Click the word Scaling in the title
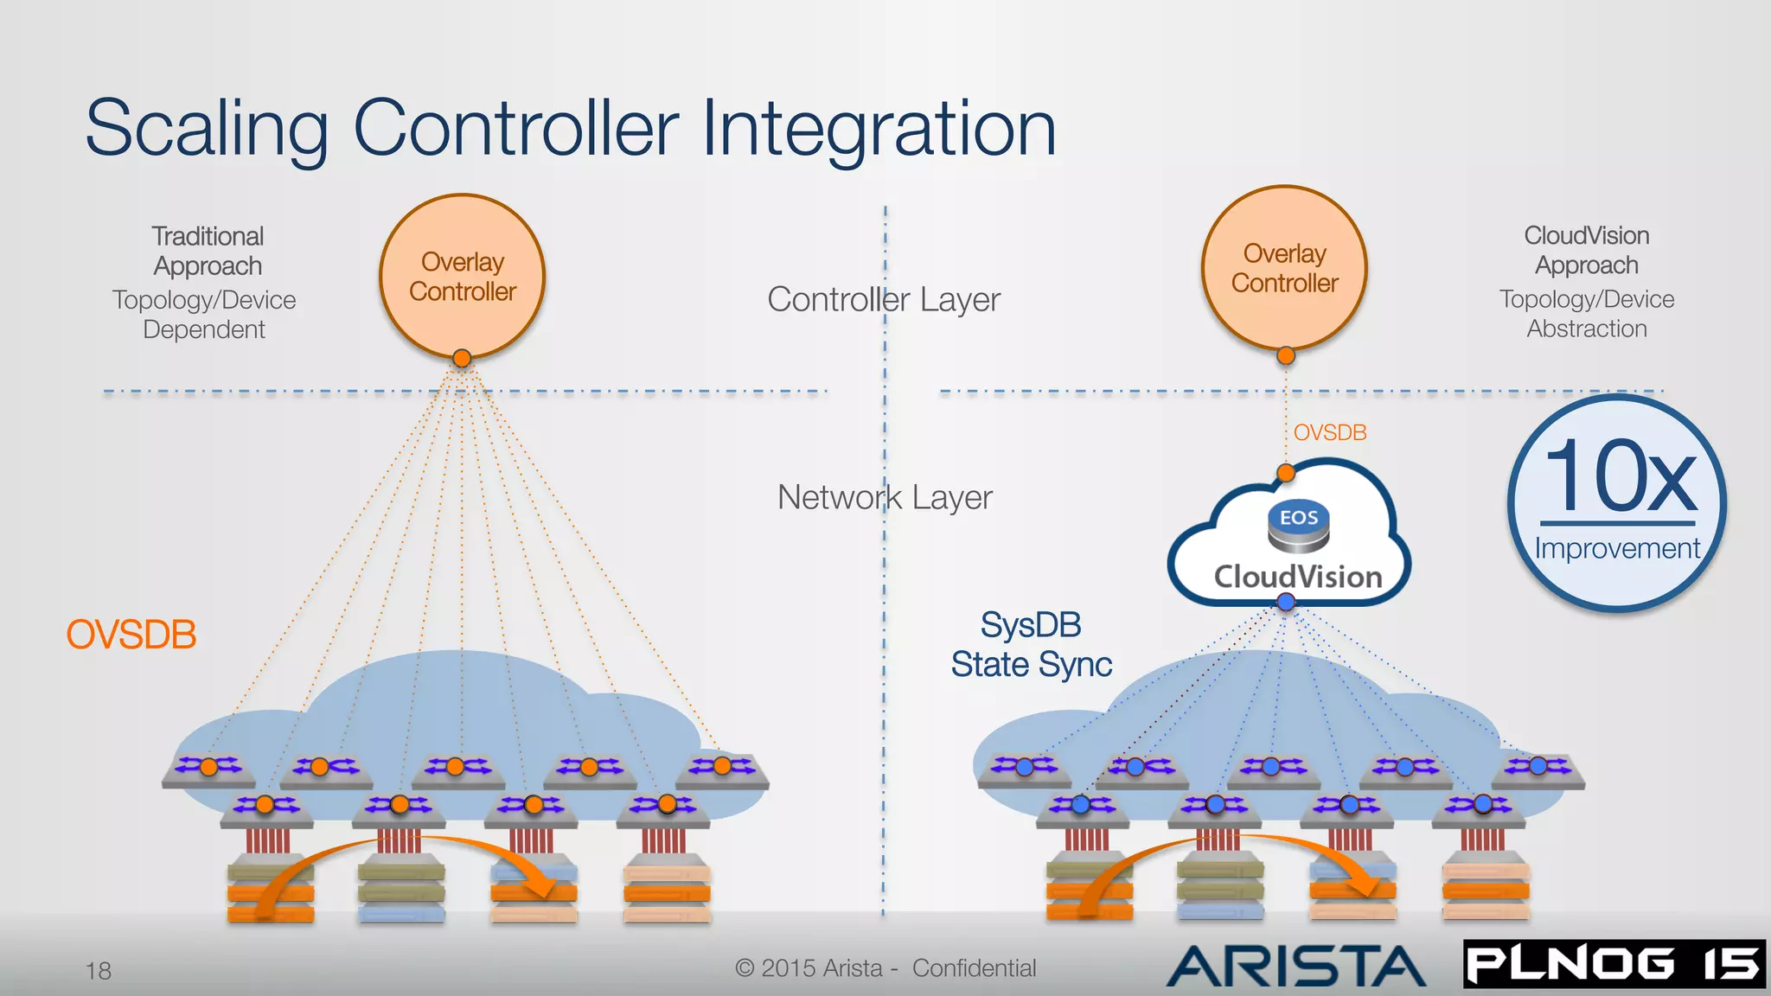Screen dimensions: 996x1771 tap(206, 130)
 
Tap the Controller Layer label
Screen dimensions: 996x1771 tap(883, 300)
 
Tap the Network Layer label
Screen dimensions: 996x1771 tap(884, 497)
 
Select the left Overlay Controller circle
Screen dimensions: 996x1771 tap(462, 276)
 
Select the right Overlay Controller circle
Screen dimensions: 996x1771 tap(1284, 267)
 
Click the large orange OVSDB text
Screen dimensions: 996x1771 tap(131, 635)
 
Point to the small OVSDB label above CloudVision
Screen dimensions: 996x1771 tap(1330, 432)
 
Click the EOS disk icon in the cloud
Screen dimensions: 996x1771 tap(1298, 525)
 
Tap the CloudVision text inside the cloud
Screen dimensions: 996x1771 tap(1298, 577)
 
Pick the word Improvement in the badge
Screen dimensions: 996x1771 tap(1617, 548)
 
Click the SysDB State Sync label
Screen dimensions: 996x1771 tap(1031, 645)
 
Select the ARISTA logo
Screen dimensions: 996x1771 tap(1296, 966)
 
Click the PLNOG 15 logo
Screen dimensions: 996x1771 tap(1614, 964)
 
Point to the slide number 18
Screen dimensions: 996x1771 tap(99, 971)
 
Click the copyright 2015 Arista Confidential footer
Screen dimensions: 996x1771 tap(885, 968)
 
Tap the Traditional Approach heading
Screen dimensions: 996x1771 tap(208, 251)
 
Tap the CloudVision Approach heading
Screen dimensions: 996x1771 tap(1586, 250)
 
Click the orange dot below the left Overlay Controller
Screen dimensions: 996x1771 tap(462, 358)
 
